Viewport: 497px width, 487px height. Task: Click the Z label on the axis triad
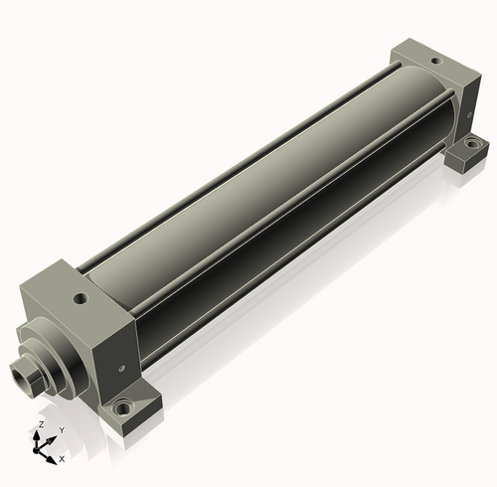[42, 424]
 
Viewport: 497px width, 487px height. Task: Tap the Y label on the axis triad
[62, 430]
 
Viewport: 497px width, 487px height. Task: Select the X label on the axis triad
[62, 459]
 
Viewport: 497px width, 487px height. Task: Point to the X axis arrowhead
[51, 460]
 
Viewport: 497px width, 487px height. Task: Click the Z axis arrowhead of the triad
[37, 436]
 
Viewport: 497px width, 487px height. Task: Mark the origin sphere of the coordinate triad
[36, 450]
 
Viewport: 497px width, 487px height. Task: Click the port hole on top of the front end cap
[81, 299]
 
